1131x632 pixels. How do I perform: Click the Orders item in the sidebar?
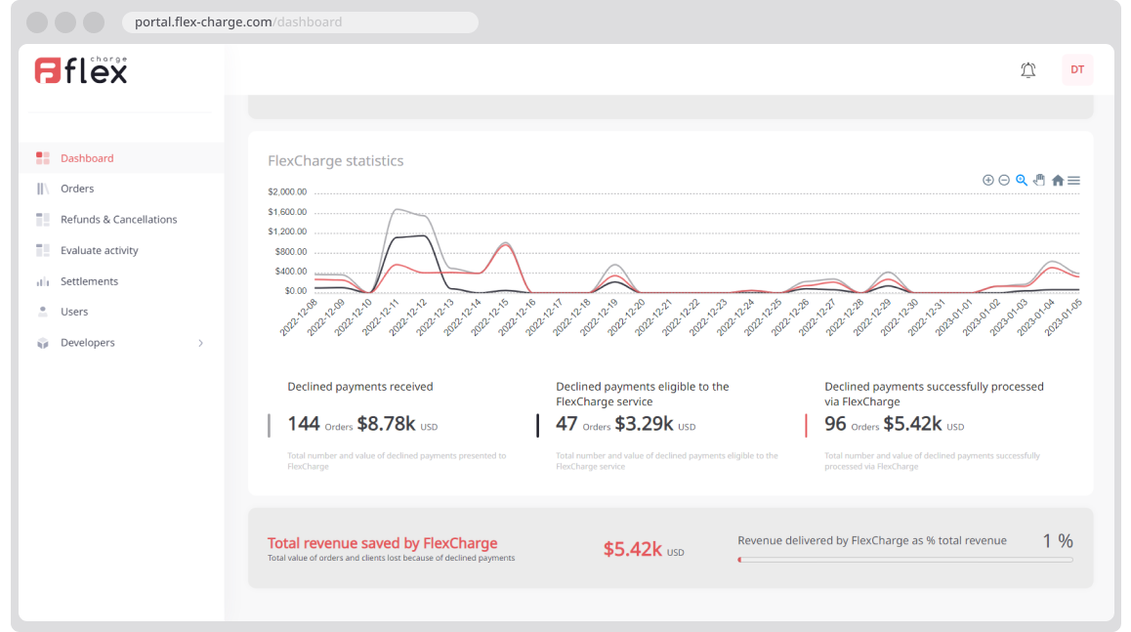[x=77, y=189]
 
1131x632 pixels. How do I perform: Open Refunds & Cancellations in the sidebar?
[x=118, y=220]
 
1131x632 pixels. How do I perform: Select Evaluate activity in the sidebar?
[x=99, y=251]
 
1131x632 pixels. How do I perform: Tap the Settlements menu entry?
[x=89, y=281]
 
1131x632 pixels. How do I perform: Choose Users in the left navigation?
[x=74, y=312]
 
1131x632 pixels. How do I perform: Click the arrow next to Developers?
[x=201, y=343]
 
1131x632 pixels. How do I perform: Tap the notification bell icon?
[x=1027, y=70]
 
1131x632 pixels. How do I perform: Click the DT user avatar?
[x=1077, y=69]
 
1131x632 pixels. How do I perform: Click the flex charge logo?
[x=81, y=69]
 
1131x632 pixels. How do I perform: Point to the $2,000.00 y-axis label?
[x=287, y=191]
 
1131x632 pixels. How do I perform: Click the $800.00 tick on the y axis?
[x=289, y=251]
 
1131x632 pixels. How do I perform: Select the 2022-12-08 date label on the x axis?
[x=300, y=318]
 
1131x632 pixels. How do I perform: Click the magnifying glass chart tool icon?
[x=1022, y=180]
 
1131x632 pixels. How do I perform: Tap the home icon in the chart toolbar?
[x=1057, y=181]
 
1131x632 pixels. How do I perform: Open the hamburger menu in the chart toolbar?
[x=1073, y=181]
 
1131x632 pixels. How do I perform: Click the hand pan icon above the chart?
[x=1039, y=180]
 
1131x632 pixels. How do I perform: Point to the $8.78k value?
[x=386, y=424]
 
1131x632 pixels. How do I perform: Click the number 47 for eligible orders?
[x=566, y=424]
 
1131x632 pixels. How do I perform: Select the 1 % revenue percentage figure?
[x=1057, y=541]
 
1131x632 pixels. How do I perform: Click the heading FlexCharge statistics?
[x=335, y=161]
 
